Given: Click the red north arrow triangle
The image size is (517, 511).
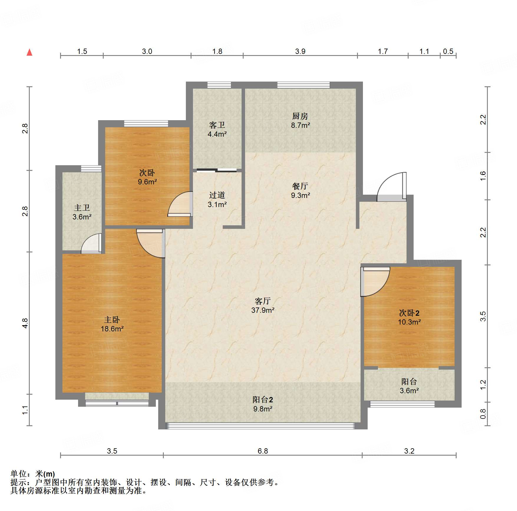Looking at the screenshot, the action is point(29,52).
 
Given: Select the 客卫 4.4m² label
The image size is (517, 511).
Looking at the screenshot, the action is point(217,130).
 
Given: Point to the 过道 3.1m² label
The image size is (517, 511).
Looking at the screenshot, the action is point(217,200).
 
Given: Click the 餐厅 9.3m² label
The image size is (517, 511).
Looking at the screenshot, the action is point(300,191).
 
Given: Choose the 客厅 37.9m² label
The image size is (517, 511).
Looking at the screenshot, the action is point(263,305).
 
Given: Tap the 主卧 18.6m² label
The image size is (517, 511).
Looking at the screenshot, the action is point(112,324).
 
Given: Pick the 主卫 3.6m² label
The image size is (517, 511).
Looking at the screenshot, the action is point(82,212).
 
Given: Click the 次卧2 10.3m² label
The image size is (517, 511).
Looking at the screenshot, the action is point(409,317).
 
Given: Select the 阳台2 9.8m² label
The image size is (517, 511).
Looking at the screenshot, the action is point(263,404).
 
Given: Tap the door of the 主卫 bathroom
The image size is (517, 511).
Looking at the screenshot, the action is point(91,243).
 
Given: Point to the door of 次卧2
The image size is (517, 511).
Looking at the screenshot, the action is point(375,282).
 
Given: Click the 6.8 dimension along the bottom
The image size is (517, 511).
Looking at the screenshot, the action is point(263,451).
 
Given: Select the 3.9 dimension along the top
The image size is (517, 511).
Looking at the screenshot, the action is point(300,51).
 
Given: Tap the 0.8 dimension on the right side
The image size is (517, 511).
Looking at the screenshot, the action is point(483,414).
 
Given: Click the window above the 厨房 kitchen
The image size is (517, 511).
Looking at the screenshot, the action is point(303,85).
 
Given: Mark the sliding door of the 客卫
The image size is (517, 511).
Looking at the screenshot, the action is point(217,170).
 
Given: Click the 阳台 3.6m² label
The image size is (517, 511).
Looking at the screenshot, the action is point(409,386).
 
